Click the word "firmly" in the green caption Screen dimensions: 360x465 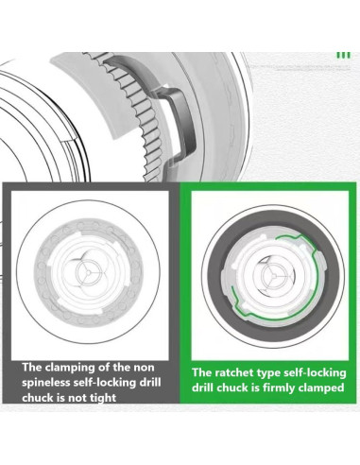pyautogui.click(x=278, y=387)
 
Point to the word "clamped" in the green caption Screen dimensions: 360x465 pyautogui.click(x=320, y=387)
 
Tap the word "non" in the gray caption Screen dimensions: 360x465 pyautogui.click(x=144, y=368)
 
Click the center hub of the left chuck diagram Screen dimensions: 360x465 pyautogui.click(x=88, y=271)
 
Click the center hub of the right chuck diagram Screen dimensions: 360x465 pyautogui.click(x=273, y=276)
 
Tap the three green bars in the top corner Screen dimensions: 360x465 pyautogui.click(x=343, y=55)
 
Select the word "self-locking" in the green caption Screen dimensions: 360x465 pyautogui.click(x=315, y=373)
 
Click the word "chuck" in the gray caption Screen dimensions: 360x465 pyautogui.click(x=38, y=398)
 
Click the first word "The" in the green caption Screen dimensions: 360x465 pyautogui.click(x=202, y=372)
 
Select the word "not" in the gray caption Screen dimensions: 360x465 pyautogui.click(x=77, y=398)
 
